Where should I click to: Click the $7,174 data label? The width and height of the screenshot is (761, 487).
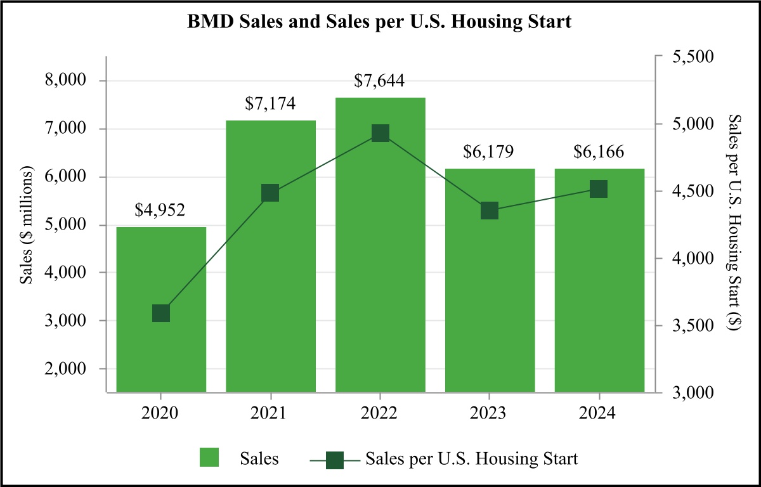270,103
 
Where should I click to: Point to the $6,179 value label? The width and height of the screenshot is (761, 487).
489,152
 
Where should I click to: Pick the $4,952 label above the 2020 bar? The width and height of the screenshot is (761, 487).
160,211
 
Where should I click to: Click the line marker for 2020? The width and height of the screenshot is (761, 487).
161,313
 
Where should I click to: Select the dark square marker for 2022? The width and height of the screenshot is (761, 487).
380,133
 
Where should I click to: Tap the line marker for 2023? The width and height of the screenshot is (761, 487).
489,211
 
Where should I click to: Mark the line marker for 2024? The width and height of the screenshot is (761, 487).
599,189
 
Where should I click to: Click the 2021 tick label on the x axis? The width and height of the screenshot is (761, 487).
270,413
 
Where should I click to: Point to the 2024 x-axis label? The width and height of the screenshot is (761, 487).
599,413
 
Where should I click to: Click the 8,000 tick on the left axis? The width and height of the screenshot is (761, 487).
66,81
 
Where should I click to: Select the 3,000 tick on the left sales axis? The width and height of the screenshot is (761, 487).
66,321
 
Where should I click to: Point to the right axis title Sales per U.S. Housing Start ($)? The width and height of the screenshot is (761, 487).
735,223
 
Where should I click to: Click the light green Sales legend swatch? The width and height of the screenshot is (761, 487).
209,458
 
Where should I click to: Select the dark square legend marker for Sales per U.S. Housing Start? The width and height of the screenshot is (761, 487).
334,459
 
